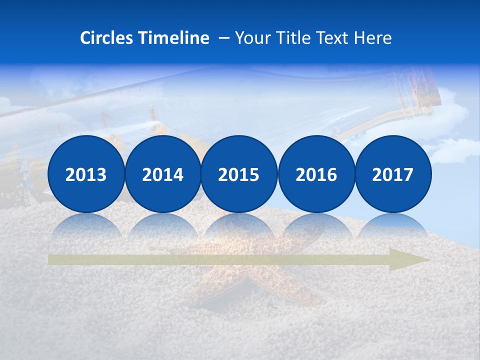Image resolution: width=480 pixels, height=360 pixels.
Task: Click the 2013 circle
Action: click(86, 174)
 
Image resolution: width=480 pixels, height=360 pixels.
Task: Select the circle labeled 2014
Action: click(163, 174)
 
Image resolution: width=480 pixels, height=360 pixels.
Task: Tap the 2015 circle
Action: click(239, 174)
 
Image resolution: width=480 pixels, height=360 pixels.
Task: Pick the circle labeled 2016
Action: click(316, 174)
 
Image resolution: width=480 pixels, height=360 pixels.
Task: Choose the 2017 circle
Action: click(393, 174)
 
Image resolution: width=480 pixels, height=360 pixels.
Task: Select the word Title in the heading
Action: click(293, 38)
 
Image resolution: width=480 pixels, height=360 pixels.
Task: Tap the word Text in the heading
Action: click(334, 38)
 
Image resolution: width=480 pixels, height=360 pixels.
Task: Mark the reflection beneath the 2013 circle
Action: click(86, 226)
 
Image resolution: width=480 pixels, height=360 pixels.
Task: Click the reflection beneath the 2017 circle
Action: click(393, 226)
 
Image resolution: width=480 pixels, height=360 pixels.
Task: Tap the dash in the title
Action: click(224, 38)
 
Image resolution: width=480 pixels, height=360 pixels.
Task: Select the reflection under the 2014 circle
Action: click(163, 226)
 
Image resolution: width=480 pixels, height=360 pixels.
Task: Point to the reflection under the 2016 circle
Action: click(316, 226)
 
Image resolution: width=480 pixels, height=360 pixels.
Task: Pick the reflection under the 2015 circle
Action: click(239, 226)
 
